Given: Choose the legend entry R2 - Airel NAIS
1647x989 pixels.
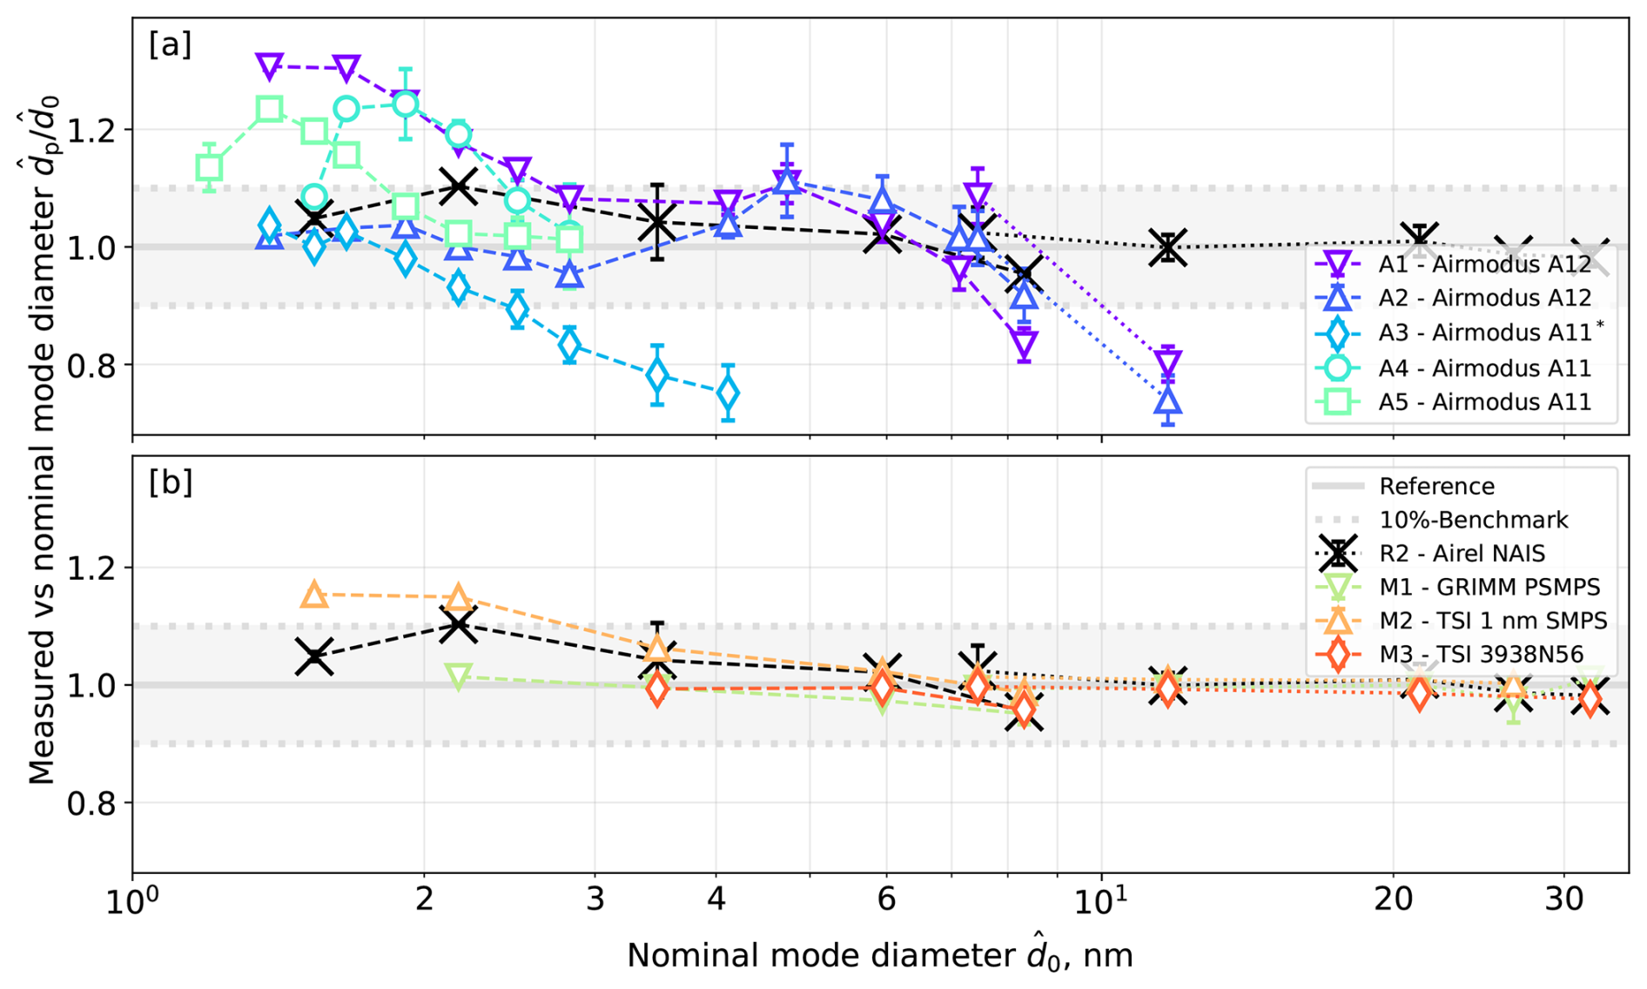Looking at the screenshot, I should click(x=1462, y=554).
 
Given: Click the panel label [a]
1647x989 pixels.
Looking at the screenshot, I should click(x=170, y=44).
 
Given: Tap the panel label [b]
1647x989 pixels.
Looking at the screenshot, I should click(x=170, y=481).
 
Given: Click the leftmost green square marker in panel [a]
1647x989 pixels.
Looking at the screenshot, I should click(x=209, y=168).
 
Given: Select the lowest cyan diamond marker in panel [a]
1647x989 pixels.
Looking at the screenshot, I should click(x=728, y=394).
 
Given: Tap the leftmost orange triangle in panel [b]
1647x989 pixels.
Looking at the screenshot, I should click(x=314, y=595).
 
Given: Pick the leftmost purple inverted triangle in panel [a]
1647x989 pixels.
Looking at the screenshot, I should click(x=270, y=66).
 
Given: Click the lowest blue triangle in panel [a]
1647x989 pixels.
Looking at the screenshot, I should click(x=1168, y=401).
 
